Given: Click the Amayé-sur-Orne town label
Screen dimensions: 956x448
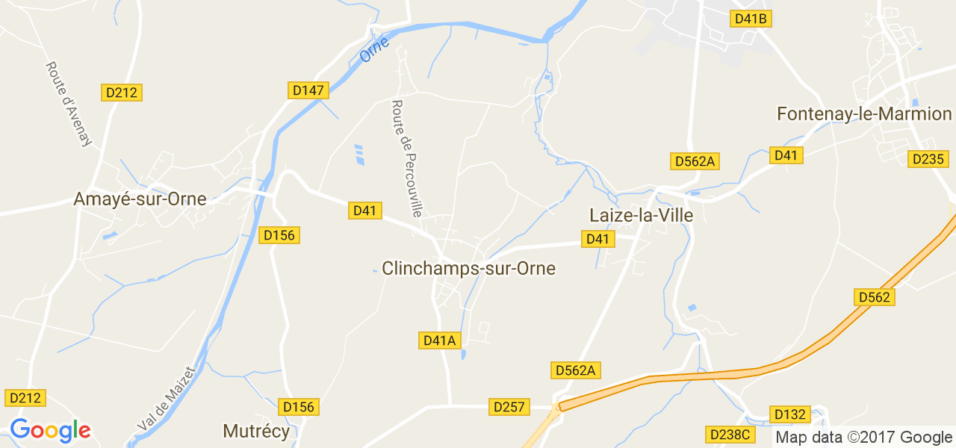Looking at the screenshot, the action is [140, 199].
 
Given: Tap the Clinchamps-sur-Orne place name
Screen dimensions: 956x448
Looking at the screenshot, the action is [468, 269].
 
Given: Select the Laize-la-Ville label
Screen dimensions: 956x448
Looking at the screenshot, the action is [641, 216].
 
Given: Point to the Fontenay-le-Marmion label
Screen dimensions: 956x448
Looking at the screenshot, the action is [864, 114].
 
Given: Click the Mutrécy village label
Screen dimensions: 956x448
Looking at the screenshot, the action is [256, 431].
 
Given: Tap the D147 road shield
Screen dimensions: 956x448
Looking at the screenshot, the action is [308, 90].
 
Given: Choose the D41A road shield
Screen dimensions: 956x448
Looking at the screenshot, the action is [439, 340].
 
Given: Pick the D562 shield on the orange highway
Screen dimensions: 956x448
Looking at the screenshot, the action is [874, 297].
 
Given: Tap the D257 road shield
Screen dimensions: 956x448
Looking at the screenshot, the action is [510, 407].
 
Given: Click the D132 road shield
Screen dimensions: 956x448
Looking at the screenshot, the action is [789, 414].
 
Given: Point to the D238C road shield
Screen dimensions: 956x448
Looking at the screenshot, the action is [730, 435].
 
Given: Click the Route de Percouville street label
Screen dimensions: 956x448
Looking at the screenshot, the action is [407, 158].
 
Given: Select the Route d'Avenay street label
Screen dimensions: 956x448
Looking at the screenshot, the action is [68, 104].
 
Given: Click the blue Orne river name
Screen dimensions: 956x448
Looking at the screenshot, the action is [374, 50].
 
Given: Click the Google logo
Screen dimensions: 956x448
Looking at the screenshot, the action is [50, 430].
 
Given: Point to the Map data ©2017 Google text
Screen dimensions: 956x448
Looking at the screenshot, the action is [863, 438].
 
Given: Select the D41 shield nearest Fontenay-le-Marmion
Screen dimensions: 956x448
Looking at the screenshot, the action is [786, 155].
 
